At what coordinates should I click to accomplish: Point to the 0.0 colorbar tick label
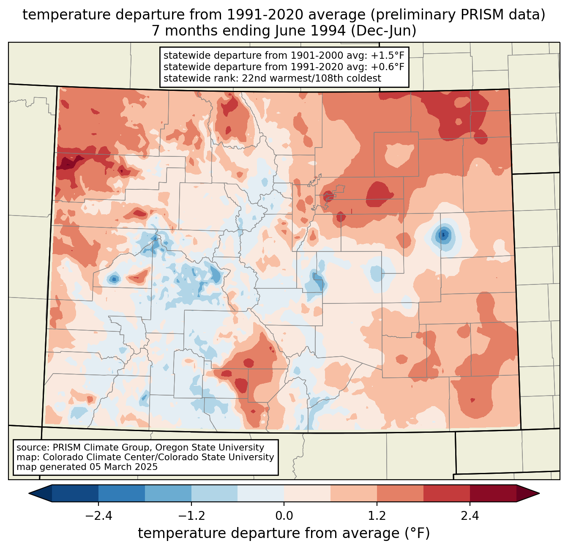click(x=284, y=516)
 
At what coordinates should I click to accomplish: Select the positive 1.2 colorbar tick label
click(x=377, y=516)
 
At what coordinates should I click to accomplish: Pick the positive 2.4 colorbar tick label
click(x=470, y=516)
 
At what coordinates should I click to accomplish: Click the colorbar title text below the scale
click(x=284, y=533)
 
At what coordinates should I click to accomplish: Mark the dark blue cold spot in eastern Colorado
click(x=443, y=235)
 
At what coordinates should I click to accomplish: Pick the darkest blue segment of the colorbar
click(x=75, y=493)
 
